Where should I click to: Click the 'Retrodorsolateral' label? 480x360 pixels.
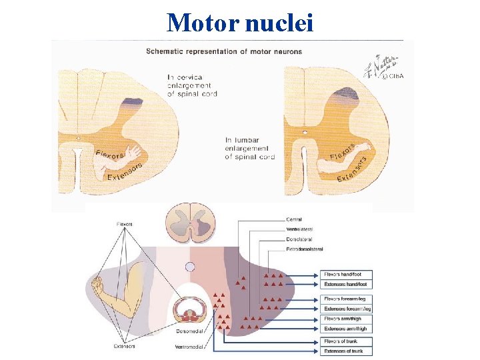304,249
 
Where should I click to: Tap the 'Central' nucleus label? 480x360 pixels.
293,219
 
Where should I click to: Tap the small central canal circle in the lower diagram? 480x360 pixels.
190,268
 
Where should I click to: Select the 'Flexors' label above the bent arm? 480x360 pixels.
124,224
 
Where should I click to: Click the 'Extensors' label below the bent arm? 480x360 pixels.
124,346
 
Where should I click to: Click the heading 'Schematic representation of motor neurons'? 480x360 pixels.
224,51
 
